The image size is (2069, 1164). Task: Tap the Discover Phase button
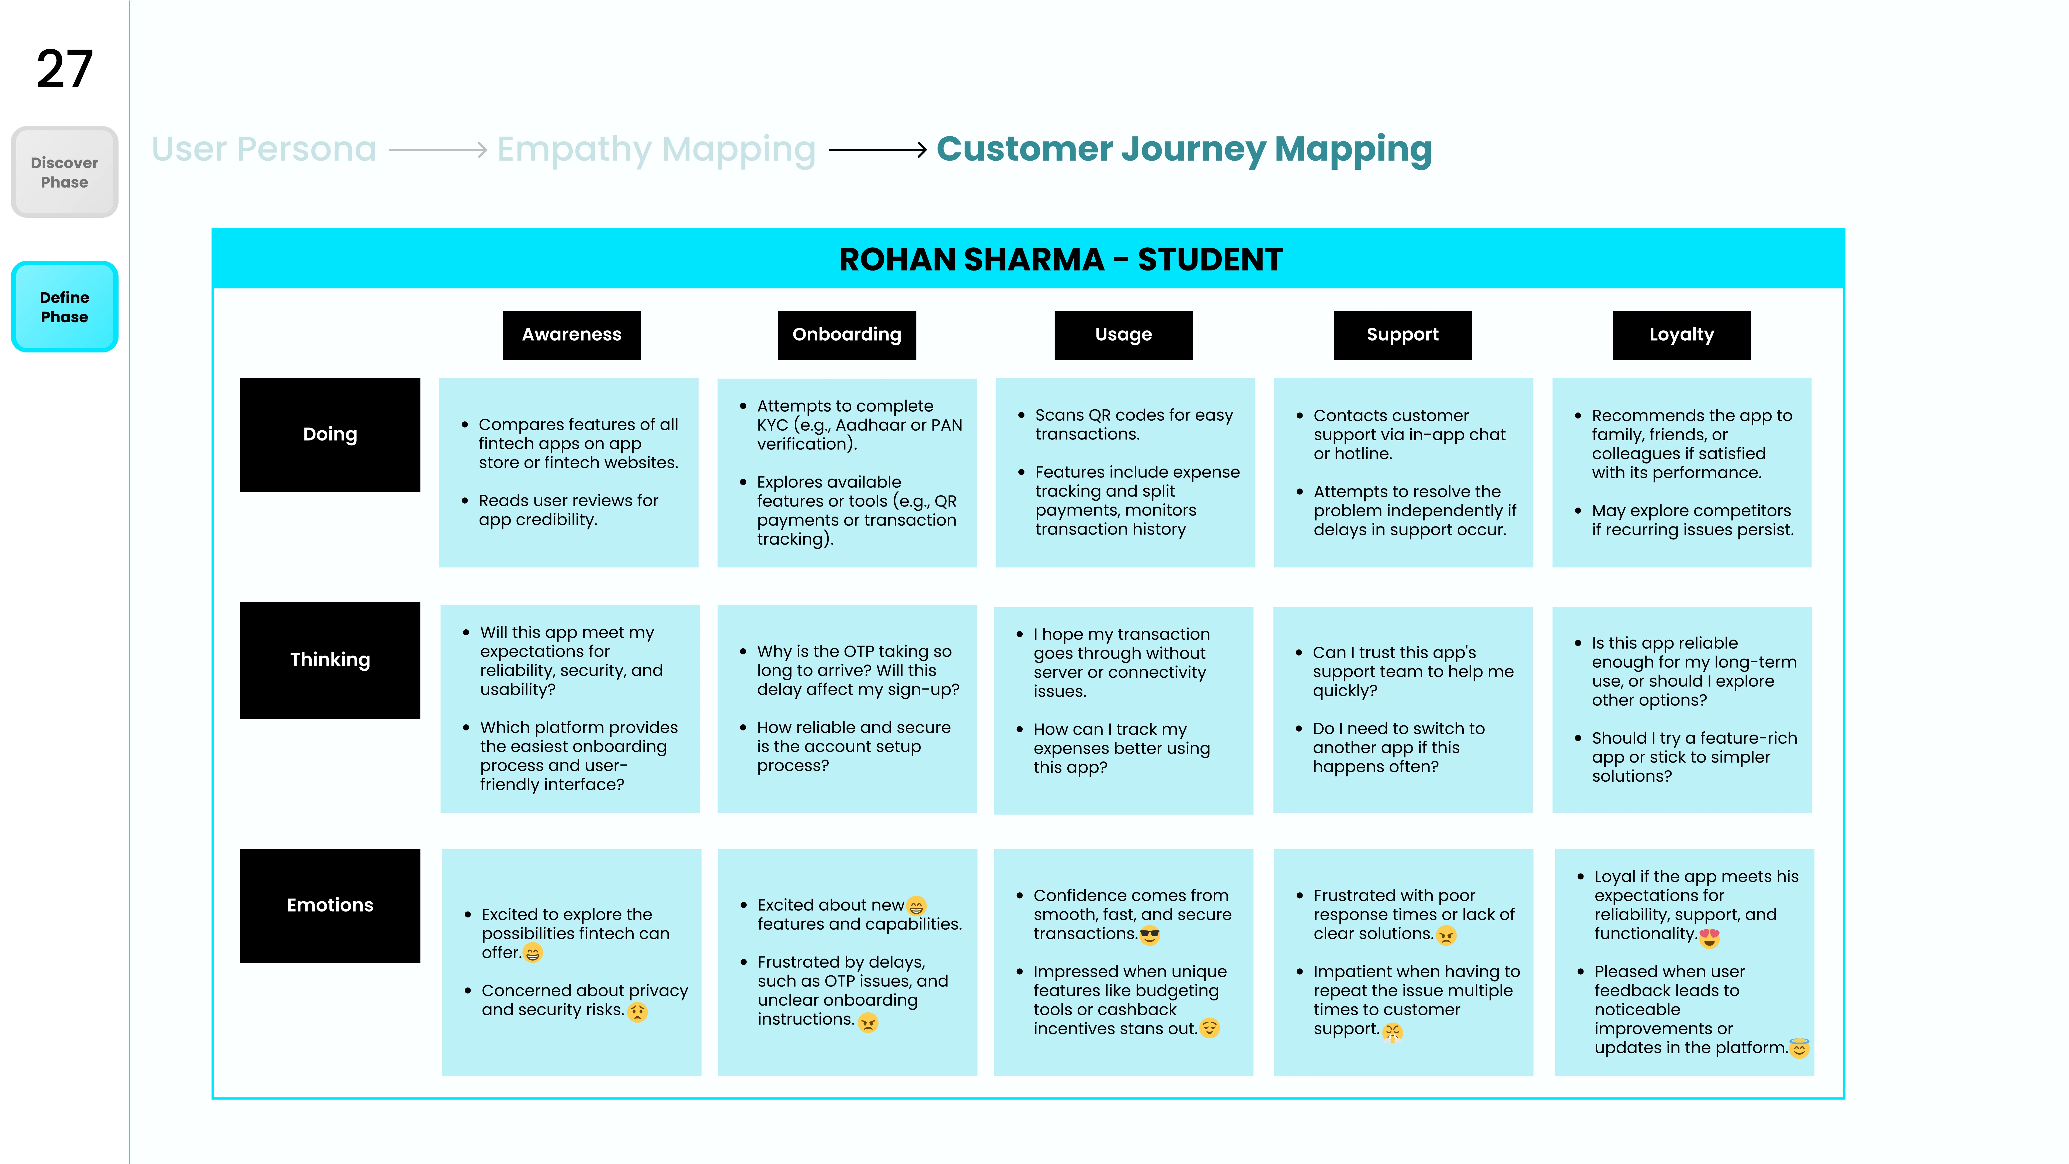click(x=64, y=172)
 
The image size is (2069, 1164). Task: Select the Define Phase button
click(x=64, y=307)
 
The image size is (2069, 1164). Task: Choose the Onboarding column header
click(x=846, y=335)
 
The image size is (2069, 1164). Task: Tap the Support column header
click(x=1402, y=335)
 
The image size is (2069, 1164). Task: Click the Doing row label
click(x=330, y=435)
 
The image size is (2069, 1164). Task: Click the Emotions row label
click(x=330, y=905)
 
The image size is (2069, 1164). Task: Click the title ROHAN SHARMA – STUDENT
click(x=1060, y=259)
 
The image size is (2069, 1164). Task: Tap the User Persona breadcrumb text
click(x=264, y=150)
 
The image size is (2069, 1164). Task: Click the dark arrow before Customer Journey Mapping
click(x=878, y=150)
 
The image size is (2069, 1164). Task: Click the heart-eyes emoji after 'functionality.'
click(x=1709, y=937)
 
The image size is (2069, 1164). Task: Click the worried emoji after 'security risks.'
click(x=638, y=1011)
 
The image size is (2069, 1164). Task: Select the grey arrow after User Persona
click(x=438, y=150)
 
